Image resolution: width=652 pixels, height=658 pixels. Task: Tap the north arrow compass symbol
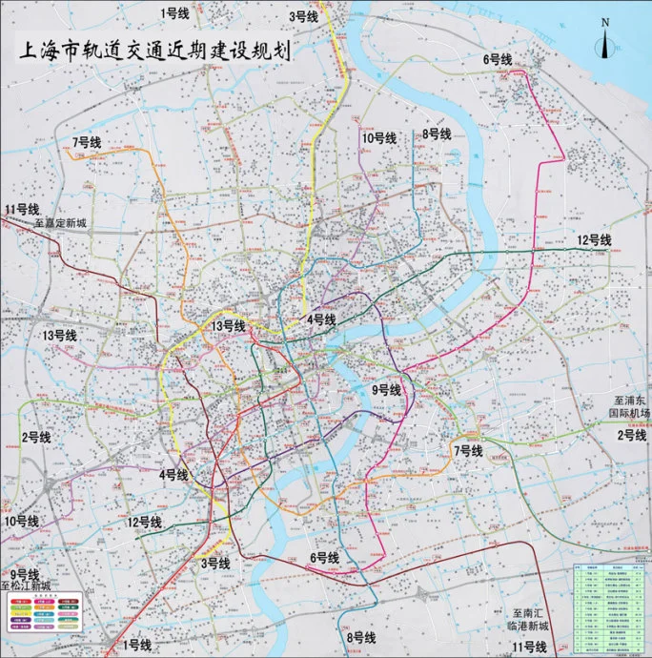click(x=603, y=39)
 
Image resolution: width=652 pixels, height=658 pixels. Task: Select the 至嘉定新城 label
click(x=60, y=223)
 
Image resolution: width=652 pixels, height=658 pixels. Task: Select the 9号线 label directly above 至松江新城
click(x=26, y=574)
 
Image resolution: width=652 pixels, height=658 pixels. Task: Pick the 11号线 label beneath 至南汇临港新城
click(x=529, y=647)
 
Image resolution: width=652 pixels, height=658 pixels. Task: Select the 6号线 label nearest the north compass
click(x=498, y=59)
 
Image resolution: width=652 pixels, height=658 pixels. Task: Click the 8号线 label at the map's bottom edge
click(x=361, y=637)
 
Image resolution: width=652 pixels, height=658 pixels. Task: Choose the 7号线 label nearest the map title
click(x=86, y=142)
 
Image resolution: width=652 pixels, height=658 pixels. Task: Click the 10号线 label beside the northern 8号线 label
click(x=378, y=138)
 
